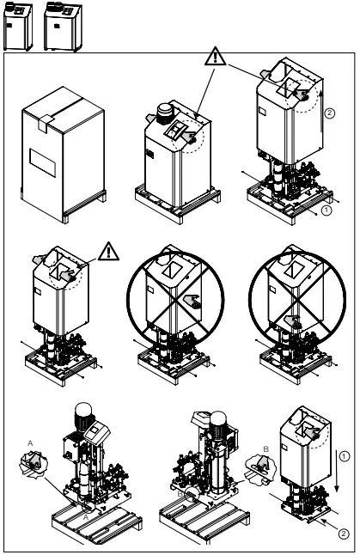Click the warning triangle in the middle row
point(108,252)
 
